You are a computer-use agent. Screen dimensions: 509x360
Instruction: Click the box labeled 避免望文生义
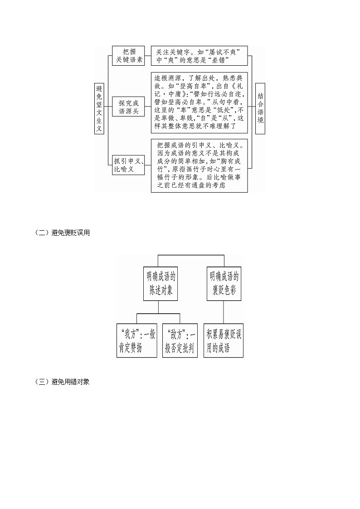99,109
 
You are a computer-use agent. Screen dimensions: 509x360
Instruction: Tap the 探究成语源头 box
128,107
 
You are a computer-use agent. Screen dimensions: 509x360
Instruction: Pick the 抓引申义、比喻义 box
128,165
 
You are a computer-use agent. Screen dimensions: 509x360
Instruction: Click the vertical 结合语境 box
260,109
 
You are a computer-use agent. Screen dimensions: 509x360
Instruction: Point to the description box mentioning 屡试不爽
199,57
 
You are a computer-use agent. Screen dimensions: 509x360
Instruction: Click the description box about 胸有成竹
199,165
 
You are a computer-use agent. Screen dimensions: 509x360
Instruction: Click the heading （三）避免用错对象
62,382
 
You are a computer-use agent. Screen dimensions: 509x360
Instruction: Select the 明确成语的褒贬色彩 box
224,283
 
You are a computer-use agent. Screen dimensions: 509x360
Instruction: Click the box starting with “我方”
136,341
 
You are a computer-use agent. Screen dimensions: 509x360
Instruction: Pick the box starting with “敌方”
180,341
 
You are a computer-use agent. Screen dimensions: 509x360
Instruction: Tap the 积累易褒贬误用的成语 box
224,341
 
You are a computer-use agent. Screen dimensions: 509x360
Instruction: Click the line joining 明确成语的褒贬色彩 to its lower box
224,311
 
